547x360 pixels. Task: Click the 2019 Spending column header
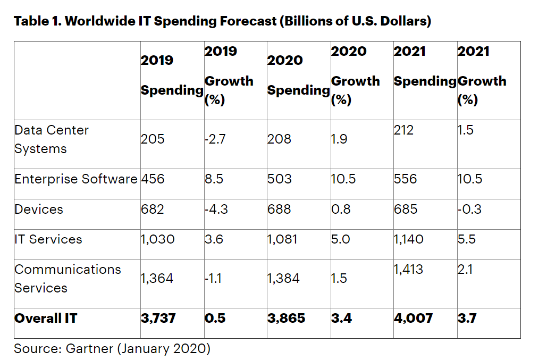pyautogui.click(x=172, y=75)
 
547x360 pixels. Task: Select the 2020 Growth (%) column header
pyautogui.click(x=355, y=75)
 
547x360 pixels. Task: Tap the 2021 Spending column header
pyautogui.click(x=425, y=66)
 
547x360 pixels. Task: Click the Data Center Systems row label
pyautogui.click(x=51, y=139)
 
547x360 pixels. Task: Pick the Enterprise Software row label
pyautogui.click(x=76, y=179)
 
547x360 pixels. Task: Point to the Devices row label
pyautogui.click(x=39, y=209)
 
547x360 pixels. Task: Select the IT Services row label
pyautogui.click(x=48, y=239)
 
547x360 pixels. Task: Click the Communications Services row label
pyautogui.click(x=68, y=279)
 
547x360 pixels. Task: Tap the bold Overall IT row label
pyautogui.click(x=46, y=319)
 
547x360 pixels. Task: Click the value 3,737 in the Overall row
pyautogui.click(x=158, y=319)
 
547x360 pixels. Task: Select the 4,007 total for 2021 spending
pyautogui.click(x=413, y=319)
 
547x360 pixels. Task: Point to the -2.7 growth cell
pyautogui.click(x=216, y=139)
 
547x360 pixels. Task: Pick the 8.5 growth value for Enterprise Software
pyautogui.click(x=214, y=179)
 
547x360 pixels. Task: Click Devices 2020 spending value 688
pyautogui.click(x=279, y=209)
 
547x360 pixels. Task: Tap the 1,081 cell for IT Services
pyautogui.click(x=283, y=239)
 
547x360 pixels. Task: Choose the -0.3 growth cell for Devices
pyautogui.click(x=469, y=209)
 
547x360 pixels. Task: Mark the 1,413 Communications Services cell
pyautogui.click(x=408, y=270)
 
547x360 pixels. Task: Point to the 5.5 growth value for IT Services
pyautogui.click(x=467, y=239)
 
